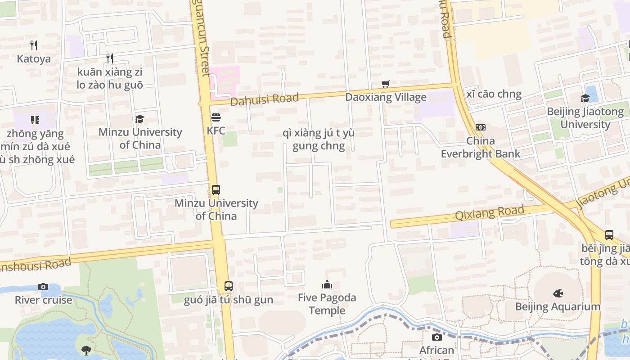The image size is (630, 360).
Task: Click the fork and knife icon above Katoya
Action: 34,45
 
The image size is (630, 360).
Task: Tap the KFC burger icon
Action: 216,118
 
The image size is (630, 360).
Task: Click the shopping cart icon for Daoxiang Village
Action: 386,84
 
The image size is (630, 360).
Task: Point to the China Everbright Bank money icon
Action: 481,127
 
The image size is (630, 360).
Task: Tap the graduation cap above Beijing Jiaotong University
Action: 585,98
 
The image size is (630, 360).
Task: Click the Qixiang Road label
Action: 490,212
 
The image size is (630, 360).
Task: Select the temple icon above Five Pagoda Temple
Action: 327,284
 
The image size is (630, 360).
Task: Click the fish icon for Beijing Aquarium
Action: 558,293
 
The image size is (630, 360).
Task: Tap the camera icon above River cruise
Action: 43,287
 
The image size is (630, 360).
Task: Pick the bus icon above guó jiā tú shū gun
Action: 229,286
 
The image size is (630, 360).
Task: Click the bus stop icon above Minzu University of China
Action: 216,190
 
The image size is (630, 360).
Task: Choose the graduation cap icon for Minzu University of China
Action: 140,119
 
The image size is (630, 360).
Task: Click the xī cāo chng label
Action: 494,94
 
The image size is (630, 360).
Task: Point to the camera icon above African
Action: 436,337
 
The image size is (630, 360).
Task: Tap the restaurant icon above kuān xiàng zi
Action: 109,58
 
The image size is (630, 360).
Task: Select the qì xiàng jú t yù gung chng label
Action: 319,139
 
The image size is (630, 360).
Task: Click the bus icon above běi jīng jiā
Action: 609,234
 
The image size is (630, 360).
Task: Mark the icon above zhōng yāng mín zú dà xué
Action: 35,120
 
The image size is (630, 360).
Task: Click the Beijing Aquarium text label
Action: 558,307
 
